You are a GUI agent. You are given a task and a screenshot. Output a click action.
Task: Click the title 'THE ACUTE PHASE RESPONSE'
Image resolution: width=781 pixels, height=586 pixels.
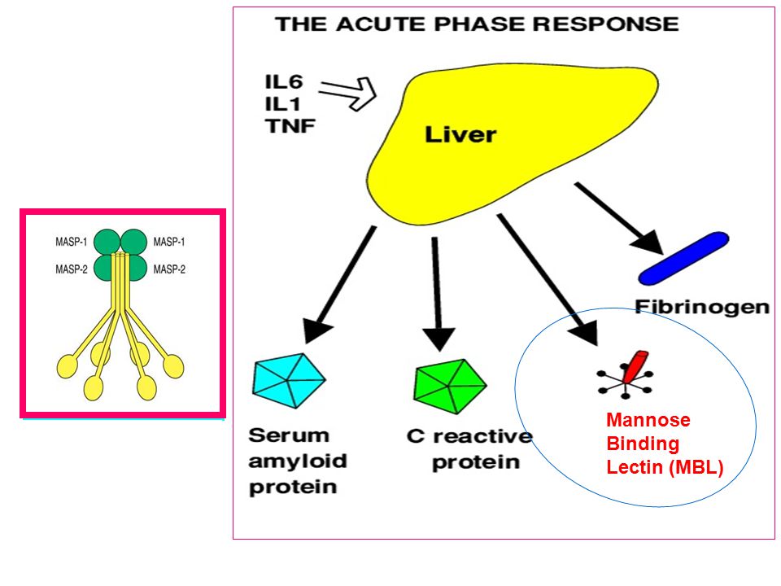click(x=478, y=24)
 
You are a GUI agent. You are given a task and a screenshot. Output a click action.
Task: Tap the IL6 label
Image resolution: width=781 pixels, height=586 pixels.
click(x=283, y=81)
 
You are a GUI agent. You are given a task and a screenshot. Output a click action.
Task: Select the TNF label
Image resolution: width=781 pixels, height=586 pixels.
click(x=290, y=125)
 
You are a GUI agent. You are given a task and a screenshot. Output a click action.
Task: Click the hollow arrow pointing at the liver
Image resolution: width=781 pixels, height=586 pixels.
click(x=347, y=93)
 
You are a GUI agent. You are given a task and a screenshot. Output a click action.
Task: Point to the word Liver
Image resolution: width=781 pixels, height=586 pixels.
click(x=460, y=134)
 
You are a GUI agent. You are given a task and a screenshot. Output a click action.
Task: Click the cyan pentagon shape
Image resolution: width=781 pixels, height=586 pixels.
click(x=288, y=381)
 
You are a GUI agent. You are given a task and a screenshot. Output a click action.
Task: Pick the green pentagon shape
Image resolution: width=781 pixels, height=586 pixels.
click(x=449, y=386)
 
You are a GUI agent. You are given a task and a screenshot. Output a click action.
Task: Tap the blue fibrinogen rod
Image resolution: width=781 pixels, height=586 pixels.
click(x=683, y=258)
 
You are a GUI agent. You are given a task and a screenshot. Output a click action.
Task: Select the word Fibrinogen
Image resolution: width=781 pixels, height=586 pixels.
click(x=702, y=307)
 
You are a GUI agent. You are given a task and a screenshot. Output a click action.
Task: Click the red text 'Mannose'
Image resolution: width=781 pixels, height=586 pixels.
click(x=648, y=420)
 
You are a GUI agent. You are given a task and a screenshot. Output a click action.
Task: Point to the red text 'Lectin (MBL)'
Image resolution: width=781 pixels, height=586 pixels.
click(x=665, y=467)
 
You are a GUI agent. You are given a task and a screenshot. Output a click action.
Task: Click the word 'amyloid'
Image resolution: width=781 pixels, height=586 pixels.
click(x=298, y=461)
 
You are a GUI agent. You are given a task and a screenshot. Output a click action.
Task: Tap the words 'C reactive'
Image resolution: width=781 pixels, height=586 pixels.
click(x=469, y=436)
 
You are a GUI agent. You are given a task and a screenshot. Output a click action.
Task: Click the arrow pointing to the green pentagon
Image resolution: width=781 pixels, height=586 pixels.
click(x=438, y=294)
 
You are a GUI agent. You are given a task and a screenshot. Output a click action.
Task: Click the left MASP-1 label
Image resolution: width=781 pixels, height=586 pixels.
click(x=72, y=243)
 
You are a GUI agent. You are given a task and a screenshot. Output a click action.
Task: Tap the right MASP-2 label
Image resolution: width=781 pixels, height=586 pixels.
click(x=169, y=269)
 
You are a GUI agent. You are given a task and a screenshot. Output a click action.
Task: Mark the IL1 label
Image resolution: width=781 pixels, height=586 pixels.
click(x=282, y=103)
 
